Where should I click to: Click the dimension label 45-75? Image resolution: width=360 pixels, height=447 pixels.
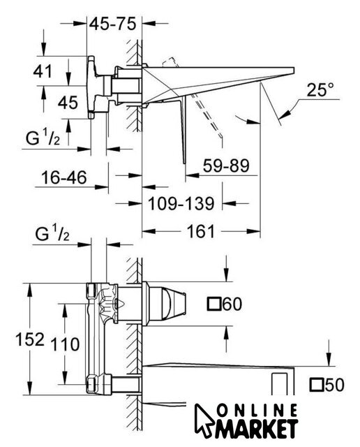tap(113, 24)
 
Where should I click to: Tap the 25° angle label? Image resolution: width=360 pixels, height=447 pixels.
tap(320, 90)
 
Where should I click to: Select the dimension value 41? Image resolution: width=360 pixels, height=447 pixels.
tap(43, 71)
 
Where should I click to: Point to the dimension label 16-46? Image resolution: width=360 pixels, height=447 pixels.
tap(63, 177)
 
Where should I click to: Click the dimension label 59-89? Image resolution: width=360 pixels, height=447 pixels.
tap(226, 166)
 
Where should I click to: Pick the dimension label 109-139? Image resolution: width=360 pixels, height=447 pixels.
tap(181, 203)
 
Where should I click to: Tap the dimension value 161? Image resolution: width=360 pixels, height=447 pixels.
tap(200, 231)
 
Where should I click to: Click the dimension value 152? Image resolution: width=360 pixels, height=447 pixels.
tap(30, 339)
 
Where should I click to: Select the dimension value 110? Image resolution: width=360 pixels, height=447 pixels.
tap(65, 344)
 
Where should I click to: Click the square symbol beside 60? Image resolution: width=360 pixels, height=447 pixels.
tap(214, 304)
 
